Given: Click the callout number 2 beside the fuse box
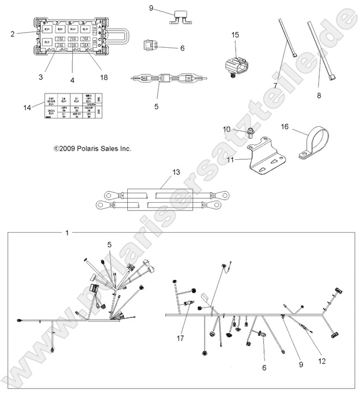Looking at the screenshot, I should pos(12,34).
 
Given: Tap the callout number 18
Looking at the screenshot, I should pos(104,78).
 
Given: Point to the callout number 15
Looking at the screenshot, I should pos(235,35).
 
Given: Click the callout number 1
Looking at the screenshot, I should pos(67,233).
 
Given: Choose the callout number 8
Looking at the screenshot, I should pos(319,96).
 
